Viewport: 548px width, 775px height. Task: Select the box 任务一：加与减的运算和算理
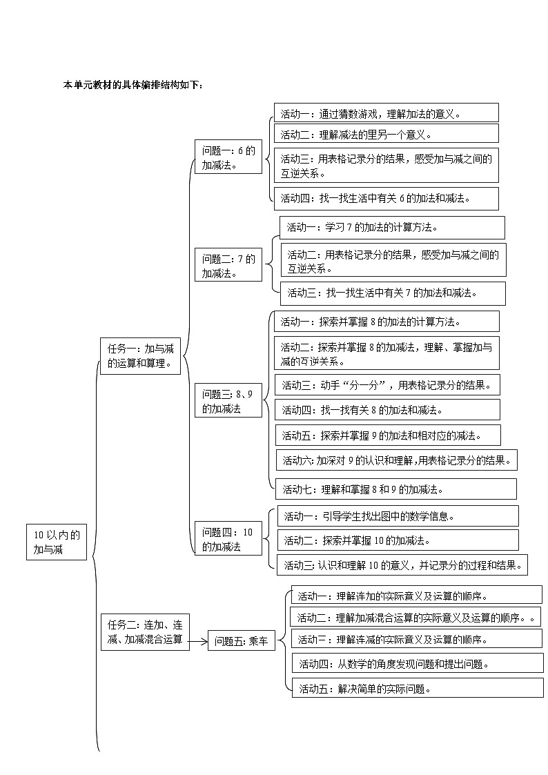140,355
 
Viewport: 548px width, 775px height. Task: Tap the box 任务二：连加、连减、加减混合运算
144,632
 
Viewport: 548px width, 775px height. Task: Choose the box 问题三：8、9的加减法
228,401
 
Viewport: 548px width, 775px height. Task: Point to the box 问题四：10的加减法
228,539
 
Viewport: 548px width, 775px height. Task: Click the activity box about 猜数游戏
386,112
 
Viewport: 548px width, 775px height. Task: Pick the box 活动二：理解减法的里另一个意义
386,134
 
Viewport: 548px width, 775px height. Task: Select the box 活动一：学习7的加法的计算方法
391,227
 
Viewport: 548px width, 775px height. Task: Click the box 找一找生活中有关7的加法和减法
393,293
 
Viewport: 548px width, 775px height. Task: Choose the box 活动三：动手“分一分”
387,385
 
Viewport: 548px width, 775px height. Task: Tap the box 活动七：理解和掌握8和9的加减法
395,489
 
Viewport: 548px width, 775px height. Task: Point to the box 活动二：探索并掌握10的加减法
398,540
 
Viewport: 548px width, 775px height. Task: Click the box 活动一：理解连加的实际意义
416,595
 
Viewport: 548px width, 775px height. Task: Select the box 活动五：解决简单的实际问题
417,687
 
